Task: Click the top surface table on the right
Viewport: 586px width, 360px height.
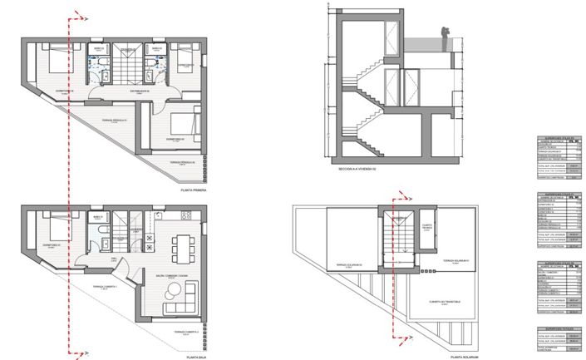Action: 556,157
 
